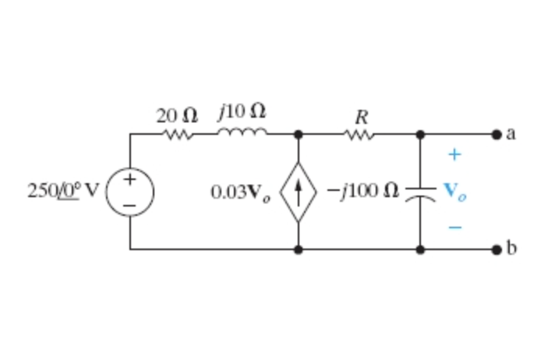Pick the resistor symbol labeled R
tap(360, 134)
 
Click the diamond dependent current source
tap(299, 192)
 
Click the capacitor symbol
tap(420, 192)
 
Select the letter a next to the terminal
tap(511, 134)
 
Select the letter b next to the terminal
tap(511, 249)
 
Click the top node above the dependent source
tap(299, 134)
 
